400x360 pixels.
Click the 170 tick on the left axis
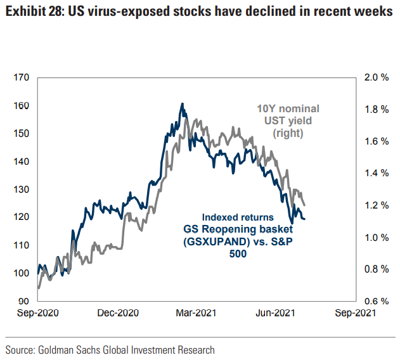click(x=21, y=78)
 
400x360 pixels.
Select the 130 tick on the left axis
click(x=21, y=190)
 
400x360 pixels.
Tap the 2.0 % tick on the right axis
click(x=376, y=78)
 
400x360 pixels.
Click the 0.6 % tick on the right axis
click(x=376, y=301)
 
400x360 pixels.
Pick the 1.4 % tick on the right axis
click(x=376, y=173)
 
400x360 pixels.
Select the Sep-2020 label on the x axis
click(x=38, y=312)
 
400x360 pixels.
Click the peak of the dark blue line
click(x=182, y=103)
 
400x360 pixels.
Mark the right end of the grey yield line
click(x=306, y=205)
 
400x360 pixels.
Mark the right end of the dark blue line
click(x=306, y=219)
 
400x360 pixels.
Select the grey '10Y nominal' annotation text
click(x=288, y=108)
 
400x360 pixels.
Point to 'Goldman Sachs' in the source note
click(x=70, y=349)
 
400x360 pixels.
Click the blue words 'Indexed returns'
click(x=237, y=216)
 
